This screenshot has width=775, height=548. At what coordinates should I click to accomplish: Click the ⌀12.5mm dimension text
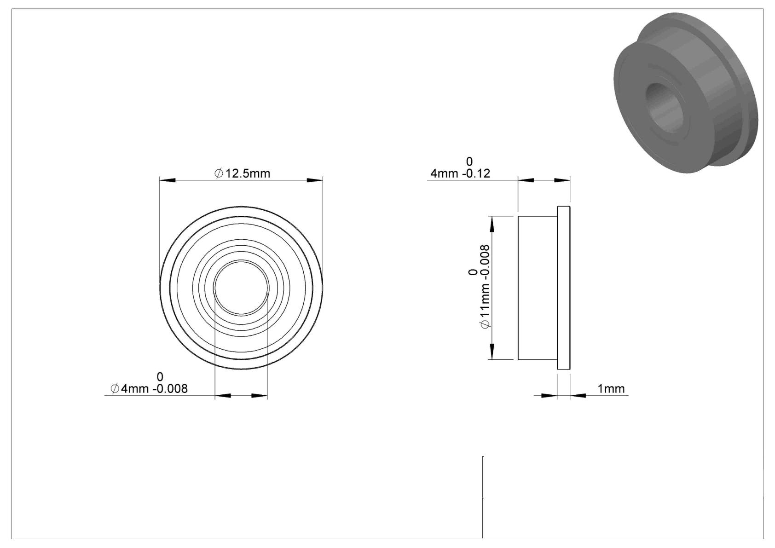pos(242,173)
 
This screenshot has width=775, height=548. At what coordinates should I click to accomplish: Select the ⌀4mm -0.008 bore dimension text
pos(149,383)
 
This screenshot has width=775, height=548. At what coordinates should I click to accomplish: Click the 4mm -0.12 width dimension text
pos(460,168)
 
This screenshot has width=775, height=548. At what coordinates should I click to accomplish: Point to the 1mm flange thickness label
pos(611,389)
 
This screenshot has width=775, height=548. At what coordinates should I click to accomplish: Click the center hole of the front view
pos(241,288)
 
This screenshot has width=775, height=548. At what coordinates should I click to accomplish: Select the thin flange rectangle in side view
pos(564,288)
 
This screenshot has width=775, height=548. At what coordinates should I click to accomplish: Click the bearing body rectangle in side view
pos(538,288)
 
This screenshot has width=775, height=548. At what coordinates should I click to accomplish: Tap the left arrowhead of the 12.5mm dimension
pos(168,180)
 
